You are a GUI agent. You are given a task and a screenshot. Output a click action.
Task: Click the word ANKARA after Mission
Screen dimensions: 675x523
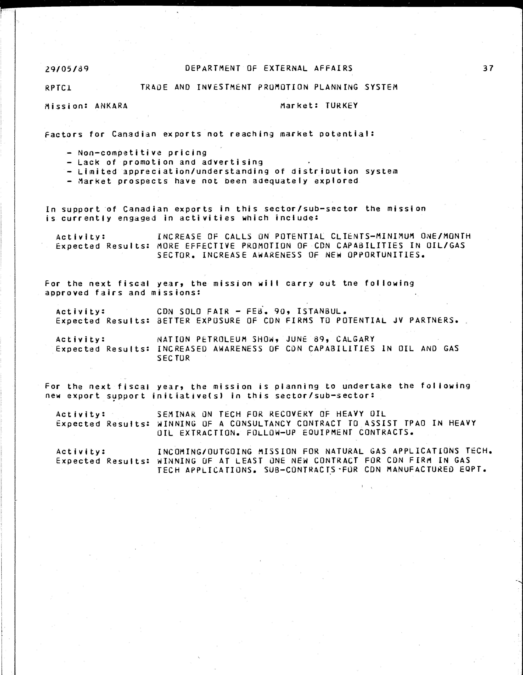coord(111,106)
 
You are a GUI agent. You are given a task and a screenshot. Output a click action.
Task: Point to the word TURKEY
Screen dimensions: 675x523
coord(342,106)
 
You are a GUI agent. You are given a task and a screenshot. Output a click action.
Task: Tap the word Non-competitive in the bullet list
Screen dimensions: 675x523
coord(119,153)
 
